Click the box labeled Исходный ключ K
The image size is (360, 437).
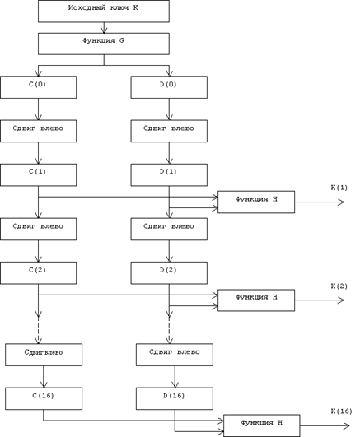[104, 12]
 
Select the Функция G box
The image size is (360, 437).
[104, 44]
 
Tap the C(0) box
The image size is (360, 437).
[38, 87]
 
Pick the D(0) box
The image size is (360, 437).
[169, 87]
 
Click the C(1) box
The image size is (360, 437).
[38, 174]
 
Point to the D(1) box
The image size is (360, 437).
[169, 174]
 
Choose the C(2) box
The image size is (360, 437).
[38, 273]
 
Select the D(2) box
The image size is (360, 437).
[169, 273]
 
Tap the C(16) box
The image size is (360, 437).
[44, 398]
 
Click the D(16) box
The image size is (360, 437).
[175, 398]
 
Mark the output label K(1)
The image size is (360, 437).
[339, 188]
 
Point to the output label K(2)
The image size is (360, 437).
[339, 286]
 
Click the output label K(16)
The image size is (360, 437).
[341, 411]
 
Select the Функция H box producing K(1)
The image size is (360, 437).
[256, 202]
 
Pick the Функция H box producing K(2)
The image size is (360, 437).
[256, 300]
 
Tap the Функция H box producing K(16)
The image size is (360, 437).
[261, 425]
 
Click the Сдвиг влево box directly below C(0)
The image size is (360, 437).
[38, 131]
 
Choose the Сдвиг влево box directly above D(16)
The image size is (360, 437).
[175, 355]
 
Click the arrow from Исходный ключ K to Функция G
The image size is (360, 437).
[104, 28]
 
